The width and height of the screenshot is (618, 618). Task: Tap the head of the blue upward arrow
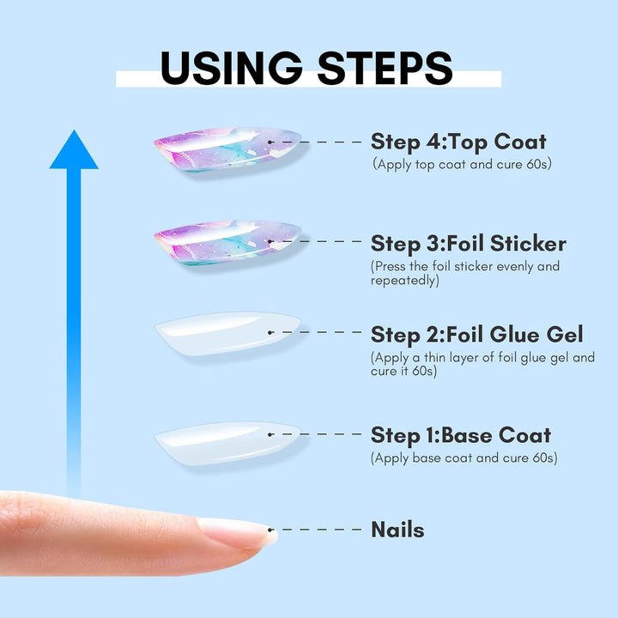pos(74,151)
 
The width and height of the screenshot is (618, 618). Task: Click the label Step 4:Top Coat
pos(458,141)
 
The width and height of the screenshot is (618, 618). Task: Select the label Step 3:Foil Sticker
pos(469,243)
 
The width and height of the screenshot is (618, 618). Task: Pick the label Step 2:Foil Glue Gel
pos(477,333)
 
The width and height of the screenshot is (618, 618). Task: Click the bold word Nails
pos(397,530)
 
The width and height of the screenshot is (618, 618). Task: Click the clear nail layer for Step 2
pos(227,333)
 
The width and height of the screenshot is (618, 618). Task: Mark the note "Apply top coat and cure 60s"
pos(461,163)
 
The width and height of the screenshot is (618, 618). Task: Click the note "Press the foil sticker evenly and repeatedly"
pos(464,273)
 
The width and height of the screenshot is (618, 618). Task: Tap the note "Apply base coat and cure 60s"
pos(463,457)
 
